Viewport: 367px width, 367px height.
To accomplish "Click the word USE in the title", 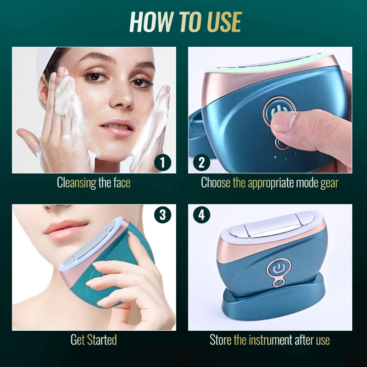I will [x=217, y=22].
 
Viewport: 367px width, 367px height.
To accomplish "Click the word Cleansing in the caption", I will [x=77, y=183].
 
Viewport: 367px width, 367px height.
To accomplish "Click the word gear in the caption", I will [x=329, y=183].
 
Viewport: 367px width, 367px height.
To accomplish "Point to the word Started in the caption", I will [x=101, y=340].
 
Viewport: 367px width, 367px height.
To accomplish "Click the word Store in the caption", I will [x=221, y=340].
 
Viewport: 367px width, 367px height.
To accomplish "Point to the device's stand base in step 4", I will [x=274, y=300].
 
